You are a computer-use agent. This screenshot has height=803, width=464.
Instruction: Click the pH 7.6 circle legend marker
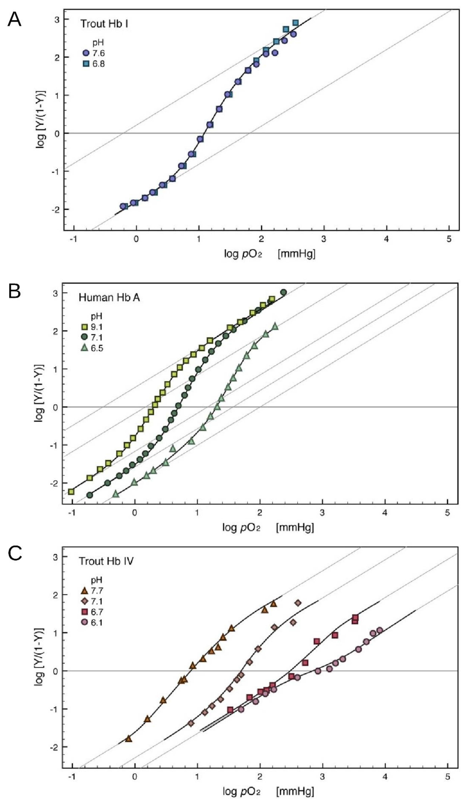coord(86,53)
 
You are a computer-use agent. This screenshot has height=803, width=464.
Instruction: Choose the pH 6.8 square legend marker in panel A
coord(86,64)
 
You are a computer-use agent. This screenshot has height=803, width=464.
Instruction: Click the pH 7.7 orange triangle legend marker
coord(84,590)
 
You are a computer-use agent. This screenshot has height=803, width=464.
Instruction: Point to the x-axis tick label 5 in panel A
coord(449,239)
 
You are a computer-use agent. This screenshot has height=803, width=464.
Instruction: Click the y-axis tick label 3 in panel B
coord(56,293)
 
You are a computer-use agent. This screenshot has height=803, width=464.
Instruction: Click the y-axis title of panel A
coord(41,120)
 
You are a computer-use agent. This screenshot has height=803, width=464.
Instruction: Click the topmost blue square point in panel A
coord(296,23)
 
